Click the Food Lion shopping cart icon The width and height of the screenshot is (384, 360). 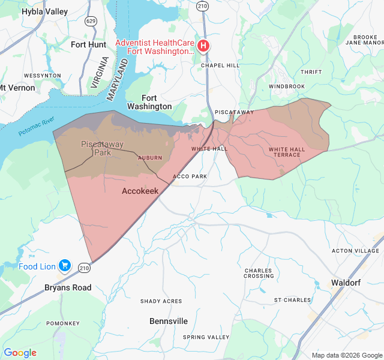(x=65, y=266)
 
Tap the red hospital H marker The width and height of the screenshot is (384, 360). (x=204, y=46)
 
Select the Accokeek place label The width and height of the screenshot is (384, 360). (x=140, y=191)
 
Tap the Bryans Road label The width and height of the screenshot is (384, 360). (x=68, y=287)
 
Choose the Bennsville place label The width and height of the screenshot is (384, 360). (x=169, y=321)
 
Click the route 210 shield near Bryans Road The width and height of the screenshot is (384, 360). (x=84, y=267)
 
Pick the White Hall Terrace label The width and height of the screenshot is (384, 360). (x=284, y=152)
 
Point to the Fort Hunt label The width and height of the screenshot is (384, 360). (x=88, y=44)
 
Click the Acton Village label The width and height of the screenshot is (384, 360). (x=356, y=250)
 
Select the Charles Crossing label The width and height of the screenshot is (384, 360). (x=259, y=273)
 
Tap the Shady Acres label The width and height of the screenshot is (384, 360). (x=161, y=301)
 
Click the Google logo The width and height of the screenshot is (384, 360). (x=20, y=353)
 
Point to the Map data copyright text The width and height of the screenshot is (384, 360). (x=346, y=355)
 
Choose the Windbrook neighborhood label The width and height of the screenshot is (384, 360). (x=287, y=86)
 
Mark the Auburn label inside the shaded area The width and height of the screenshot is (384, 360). (x=150, y=158)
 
